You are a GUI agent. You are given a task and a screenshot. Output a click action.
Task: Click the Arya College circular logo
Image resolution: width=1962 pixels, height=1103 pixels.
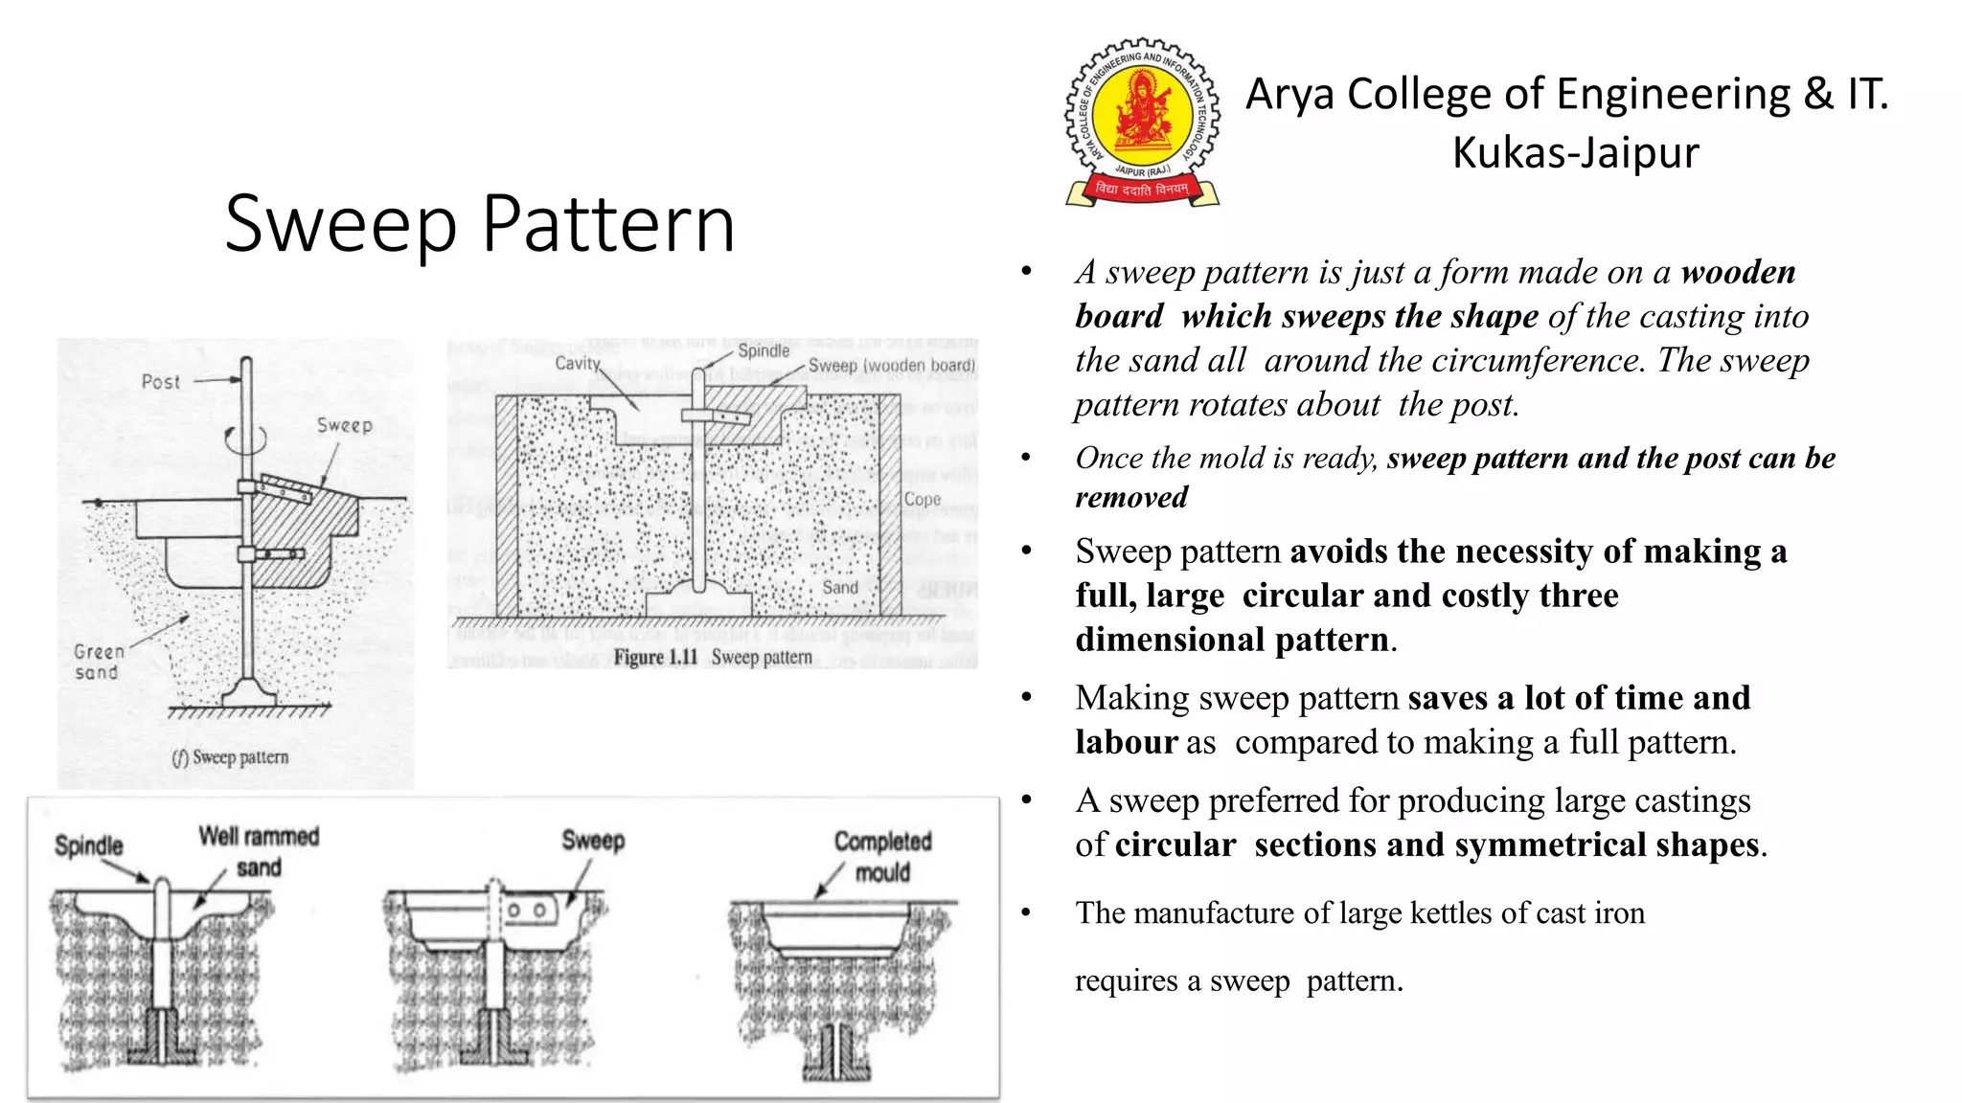(1142, 122)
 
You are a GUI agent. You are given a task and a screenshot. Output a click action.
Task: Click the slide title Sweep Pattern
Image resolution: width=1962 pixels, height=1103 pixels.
(480, 224)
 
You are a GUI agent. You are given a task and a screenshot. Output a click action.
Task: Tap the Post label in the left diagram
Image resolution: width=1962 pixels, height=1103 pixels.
(160, 382)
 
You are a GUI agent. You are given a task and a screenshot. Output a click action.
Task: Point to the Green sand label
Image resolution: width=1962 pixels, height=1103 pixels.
(98, 662)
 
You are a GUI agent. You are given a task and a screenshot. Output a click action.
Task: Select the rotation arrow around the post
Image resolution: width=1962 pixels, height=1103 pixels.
(246, 439)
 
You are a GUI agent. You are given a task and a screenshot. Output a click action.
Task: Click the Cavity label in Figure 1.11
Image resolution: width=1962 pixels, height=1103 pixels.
(578, 364)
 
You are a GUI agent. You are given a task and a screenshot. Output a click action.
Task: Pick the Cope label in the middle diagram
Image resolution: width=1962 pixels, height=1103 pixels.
(922, 499)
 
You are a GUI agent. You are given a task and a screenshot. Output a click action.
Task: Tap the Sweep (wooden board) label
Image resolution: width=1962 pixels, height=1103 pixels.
(891, 366)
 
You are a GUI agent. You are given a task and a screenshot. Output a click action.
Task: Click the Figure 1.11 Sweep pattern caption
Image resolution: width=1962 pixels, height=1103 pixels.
(713, 658)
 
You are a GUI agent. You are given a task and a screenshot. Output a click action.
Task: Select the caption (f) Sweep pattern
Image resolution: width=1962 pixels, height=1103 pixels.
(230, 757)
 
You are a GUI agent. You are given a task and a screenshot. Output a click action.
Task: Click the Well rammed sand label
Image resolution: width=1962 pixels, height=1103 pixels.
(259, 851)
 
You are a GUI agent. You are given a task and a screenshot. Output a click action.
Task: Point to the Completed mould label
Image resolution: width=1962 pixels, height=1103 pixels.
(882, 856)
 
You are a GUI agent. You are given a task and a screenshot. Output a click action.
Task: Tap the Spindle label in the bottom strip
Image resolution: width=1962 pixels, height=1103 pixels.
(89, 845)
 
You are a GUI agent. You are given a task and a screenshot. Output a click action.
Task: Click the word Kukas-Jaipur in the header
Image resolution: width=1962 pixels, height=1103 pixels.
(1575, 153)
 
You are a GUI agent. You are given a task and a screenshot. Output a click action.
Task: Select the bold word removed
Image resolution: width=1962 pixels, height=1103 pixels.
(1131, 498)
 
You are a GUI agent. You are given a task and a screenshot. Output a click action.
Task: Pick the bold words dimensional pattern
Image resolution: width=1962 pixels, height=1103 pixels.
(1232, 640)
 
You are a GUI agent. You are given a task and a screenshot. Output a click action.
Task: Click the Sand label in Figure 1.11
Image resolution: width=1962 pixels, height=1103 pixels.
(840, 588)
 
